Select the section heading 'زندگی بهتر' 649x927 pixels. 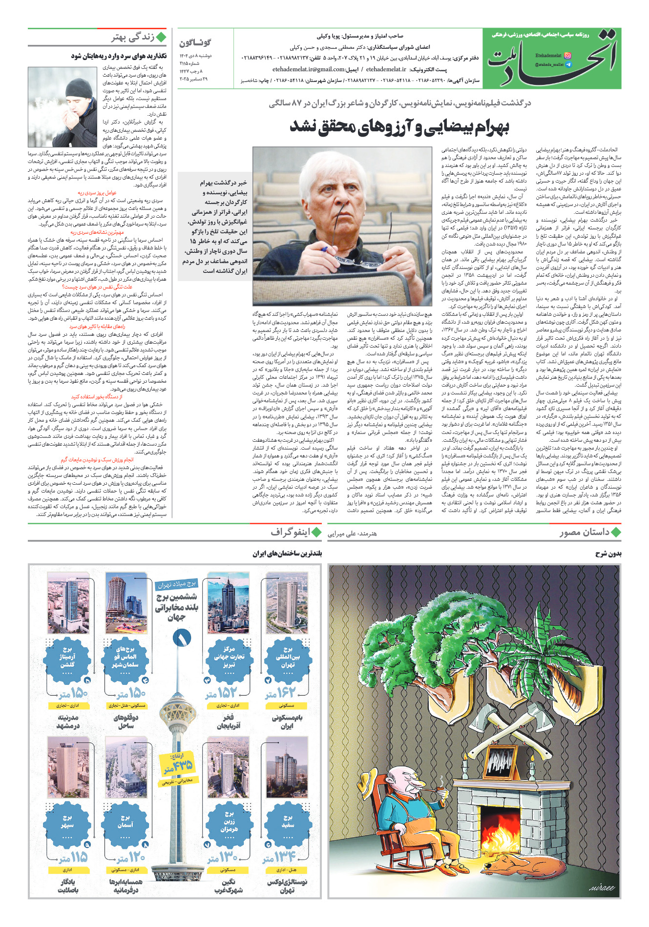(133, 38)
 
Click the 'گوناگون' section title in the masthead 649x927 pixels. (195, 43)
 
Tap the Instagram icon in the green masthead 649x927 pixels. (567, 56)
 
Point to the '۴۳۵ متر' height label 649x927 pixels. (178, 765)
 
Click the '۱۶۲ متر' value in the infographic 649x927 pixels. (280, 693)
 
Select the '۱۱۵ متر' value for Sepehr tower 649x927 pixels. (73, 857)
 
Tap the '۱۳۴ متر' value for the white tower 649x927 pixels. (279, 857)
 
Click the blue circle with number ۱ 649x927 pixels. (181, 637)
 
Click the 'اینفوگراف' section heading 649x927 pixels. (291, 533)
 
